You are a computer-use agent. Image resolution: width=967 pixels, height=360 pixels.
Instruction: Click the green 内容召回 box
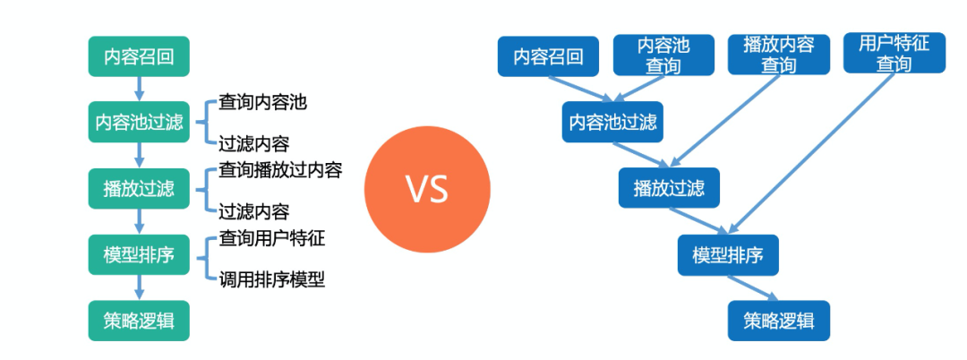[139, 56]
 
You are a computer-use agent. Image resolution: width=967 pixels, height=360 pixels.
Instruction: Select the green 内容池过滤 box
[139, 122]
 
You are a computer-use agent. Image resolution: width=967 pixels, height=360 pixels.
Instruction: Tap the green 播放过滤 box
[139, 188]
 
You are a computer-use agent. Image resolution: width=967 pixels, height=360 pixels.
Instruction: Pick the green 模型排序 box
[139, 254]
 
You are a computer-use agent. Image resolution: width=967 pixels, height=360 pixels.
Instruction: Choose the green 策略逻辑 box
[139, 321]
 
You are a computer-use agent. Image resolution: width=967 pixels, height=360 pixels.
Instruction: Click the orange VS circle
[427, 190]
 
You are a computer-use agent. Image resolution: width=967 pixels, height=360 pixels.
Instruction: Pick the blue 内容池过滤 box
[613, 122]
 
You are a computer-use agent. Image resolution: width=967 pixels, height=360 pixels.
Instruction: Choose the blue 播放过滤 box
[669, 188]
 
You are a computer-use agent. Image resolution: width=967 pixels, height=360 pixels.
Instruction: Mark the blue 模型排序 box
[728, 254]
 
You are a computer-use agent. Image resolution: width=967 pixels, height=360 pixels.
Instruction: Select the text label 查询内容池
[262, 102]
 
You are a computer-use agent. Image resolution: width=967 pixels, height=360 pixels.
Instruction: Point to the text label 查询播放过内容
[280, 170]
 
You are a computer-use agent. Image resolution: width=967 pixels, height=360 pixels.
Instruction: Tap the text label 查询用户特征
[271, 238]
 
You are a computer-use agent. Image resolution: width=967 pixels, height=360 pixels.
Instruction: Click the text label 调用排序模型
[271, 279]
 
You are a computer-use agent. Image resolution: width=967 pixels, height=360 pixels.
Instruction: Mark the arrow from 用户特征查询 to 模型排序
[815, 152]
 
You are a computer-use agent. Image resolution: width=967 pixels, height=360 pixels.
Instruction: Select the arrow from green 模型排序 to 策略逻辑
[139, 287]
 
